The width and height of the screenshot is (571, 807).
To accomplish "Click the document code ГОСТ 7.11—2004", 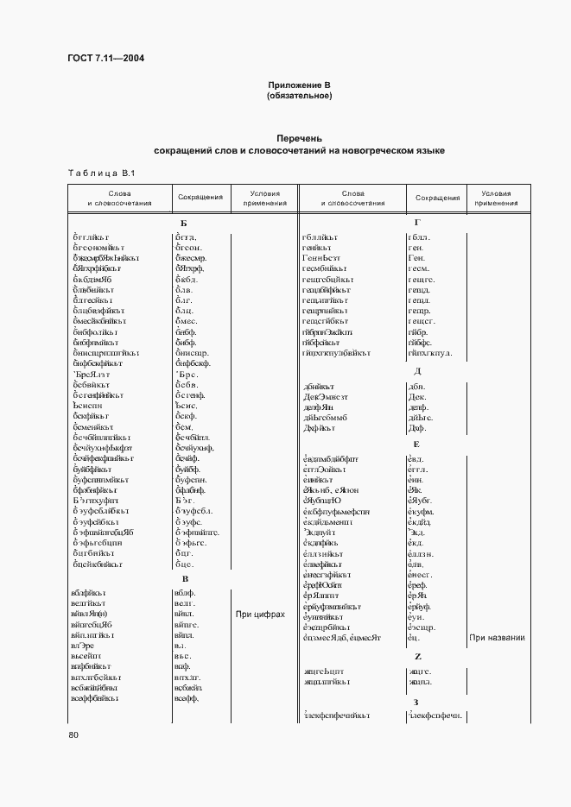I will tap(105, 59).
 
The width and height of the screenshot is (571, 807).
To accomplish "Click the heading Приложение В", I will tap(299, 85).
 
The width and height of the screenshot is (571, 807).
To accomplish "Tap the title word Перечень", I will tap(299, 138).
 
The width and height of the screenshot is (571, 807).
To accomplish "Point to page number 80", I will tap(73, 734).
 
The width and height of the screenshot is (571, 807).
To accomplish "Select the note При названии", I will tap(498, 638).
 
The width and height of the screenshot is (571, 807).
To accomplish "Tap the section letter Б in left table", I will tap(183, 224).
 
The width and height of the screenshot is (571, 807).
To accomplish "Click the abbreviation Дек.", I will tap(417, 396).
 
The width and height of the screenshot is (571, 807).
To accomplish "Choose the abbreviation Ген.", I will tap(416, 257).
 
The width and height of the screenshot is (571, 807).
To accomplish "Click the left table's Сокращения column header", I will tap(200, 198).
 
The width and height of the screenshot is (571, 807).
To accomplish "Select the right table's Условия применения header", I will tap(497, 199).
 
